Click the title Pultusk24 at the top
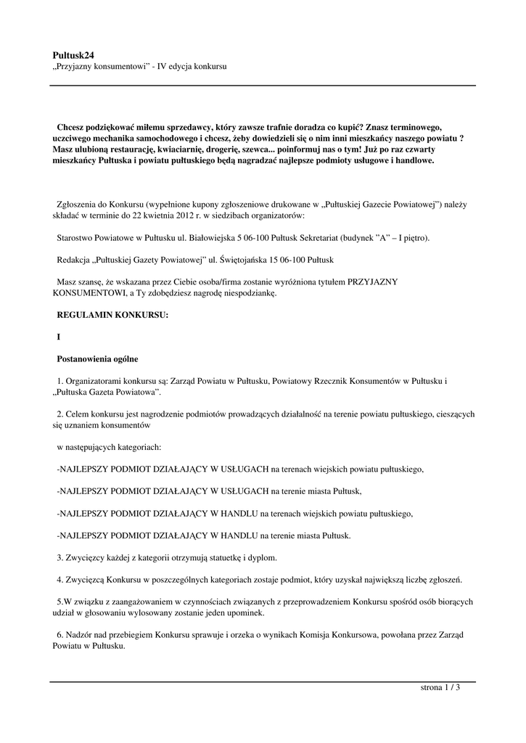coord(73,54)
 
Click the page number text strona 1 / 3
coord(440,688)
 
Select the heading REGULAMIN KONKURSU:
coord(112,315)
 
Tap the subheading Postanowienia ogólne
coord(97,358)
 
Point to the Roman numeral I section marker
coord(59,337)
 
